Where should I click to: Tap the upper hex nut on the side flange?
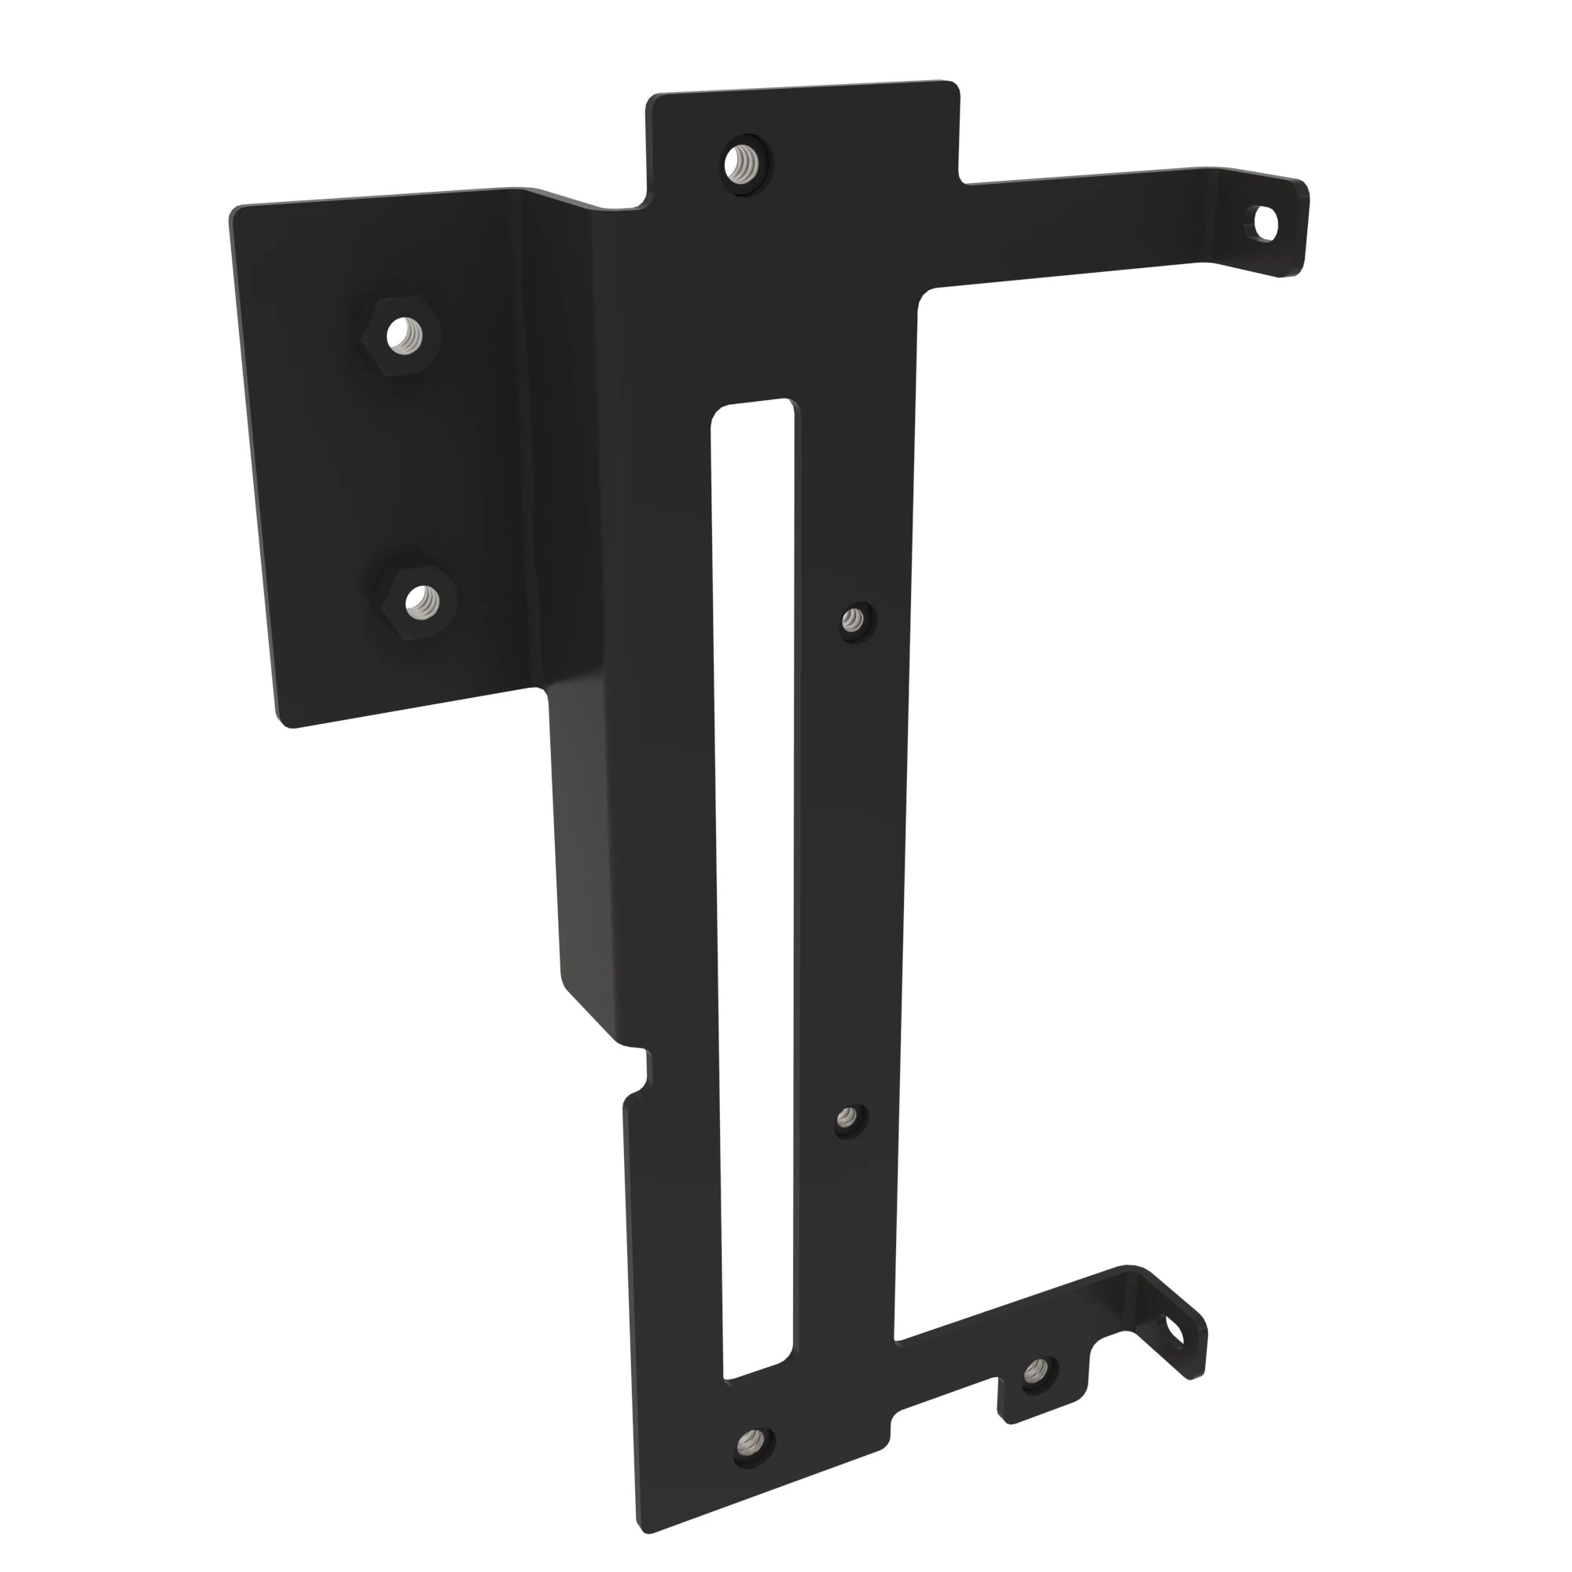coord(399,334)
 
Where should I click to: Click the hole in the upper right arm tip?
coord(1265,222)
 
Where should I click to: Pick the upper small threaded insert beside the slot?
coord(854,623)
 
